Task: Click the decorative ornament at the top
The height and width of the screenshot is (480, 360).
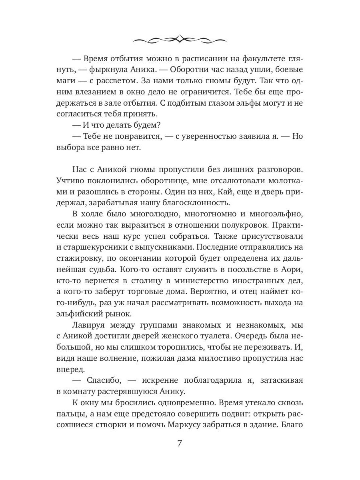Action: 180,39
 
